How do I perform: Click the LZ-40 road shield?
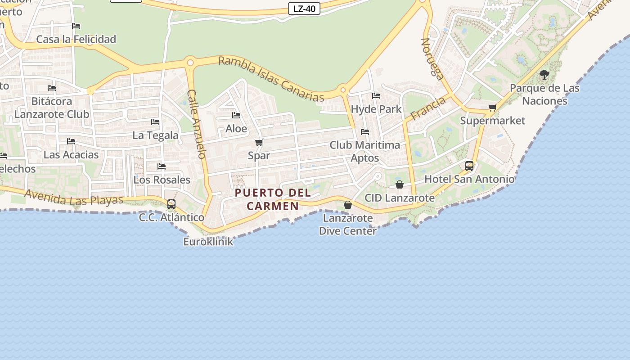tap(304, 9)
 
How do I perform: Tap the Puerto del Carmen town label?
tap(273, 199)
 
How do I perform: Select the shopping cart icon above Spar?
tap(259, 143)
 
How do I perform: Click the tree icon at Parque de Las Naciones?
tap(544, 74)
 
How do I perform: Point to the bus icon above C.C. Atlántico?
tap(171, 204)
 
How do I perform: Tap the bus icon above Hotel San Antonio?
tap(469, 166)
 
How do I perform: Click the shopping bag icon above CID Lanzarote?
tap(400, 184)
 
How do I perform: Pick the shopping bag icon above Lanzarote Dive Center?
tap(347, 205)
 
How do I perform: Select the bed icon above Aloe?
tap(236, 115)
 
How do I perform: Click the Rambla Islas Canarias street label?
tap(271, 79)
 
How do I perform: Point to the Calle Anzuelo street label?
tap(197, 124)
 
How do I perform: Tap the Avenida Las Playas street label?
tap(74, 197)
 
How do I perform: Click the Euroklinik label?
tap(208, 242)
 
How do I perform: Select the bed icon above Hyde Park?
tap(376, 96)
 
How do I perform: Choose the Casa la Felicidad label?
tap(76, 39)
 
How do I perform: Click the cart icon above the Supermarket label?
tap(493, 108)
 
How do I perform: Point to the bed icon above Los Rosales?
tap(162, 166)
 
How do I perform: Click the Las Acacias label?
tap(71, 155)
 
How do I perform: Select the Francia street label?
tap(427, 108)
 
